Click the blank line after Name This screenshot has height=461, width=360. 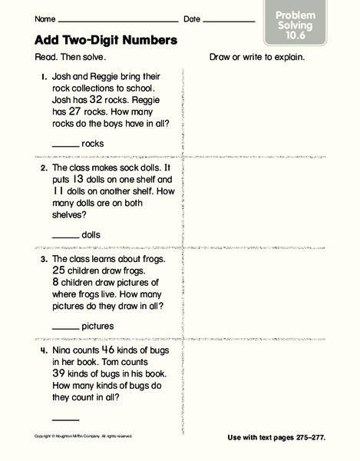coord(119,21)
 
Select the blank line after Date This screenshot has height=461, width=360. coord(229,21)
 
